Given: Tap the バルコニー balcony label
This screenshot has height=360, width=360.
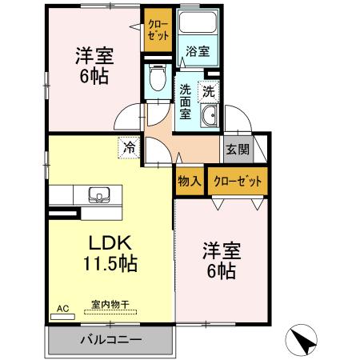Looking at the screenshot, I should pos(110,340).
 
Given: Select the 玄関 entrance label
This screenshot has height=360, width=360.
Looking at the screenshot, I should pos(236,149).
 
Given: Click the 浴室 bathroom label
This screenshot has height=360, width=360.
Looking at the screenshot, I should pos(198,51).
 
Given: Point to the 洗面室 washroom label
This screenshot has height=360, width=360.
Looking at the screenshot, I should pos(185,101).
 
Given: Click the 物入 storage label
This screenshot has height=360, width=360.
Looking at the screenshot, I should pos(189,181).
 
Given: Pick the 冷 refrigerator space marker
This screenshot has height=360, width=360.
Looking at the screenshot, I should pos(130,146).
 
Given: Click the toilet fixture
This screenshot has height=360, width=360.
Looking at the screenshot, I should pos(155,77).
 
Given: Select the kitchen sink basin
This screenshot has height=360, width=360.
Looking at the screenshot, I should pos(99,194).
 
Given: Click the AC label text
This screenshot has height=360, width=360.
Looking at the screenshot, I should pos(62,306).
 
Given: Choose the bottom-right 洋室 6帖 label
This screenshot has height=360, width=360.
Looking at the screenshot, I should pos(218,261).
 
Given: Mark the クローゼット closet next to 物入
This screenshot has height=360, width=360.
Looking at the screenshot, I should pos(238,181).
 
